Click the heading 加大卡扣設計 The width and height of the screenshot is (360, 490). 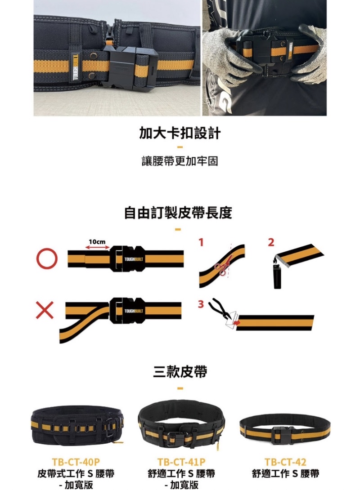click(x=180, y=133)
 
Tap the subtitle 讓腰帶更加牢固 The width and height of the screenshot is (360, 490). click(x=180, y=160)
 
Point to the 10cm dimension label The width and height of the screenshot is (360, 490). click(x=97, y=242)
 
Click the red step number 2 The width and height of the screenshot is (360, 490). click(x=271, y=242)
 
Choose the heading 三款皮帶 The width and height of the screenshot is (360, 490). click(x=180, y=371)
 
